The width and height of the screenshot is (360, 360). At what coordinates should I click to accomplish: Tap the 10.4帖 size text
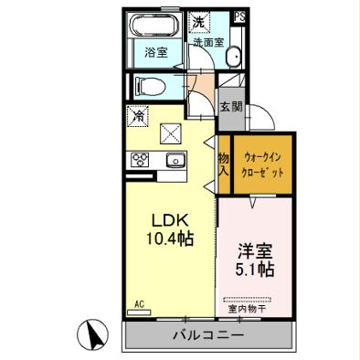pyautogui.click(x=169, y=239)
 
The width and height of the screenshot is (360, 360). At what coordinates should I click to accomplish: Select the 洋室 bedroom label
pyautogui.click(x=256, y=249)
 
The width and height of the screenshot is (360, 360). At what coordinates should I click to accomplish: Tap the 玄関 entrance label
pyautogui.click(x=230, y=107)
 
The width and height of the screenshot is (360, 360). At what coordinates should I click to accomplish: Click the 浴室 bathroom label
pyautogui.click(x=155, y=51)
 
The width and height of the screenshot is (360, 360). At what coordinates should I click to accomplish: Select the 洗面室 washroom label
pyautogui.click(x=206, y=42)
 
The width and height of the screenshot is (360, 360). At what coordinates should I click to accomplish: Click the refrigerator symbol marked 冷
pyautogui.click(x=137, y=116)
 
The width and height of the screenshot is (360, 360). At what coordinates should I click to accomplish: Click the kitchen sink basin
pyautogui.click(x=174, y=162)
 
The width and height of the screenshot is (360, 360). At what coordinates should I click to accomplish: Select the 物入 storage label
pyautogui.click(x=223, y=164)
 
